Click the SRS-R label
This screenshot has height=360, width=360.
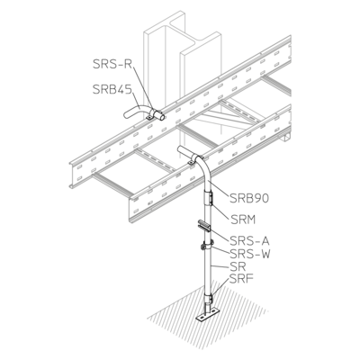point(112,64)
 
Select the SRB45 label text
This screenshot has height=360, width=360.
point(112,89)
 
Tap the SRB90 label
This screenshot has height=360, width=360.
point(249,198)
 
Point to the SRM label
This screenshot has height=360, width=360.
point(243,220)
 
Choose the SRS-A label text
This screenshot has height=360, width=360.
point(250,241)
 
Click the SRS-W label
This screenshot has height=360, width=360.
point(250,254)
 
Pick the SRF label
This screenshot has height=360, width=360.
point(242,279)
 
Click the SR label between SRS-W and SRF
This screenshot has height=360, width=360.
point(238,266)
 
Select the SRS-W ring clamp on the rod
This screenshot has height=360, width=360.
point(207,245)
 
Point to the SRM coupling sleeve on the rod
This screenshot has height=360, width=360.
point(208,199)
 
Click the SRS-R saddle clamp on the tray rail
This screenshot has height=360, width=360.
point(156,115)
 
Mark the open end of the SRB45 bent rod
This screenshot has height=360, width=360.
point(126,114)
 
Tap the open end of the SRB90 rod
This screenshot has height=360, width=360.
point(181,149)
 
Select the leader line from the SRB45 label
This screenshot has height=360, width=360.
point(136,101)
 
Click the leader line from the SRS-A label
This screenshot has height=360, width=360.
point(220,234)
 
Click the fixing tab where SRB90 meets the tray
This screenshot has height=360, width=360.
point(190,163)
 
